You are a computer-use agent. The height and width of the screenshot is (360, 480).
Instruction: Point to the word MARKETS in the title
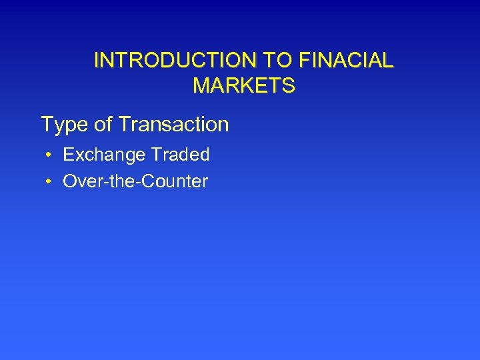click(243, 86)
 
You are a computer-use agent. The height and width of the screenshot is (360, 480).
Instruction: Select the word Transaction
click(172, 124)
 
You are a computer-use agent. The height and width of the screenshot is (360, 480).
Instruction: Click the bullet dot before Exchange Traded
click(50, 155)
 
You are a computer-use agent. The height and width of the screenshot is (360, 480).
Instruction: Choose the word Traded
click(180, 155)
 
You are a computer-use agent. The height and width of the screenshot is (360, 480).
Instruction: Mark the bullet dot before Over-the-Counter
click(50, 181)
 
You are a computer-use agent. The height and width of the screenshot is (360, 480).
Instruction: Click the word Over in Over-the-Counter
click(79, 181)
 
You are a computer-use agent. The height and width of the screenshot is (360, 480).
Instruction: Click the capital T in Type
click(47, 124)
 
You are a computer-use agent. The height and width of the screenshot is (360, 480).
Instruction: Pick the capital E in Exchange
click(68, 155)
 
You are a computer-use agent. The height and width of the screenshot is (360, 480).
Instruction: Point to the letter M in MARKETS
click(199, 86)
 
